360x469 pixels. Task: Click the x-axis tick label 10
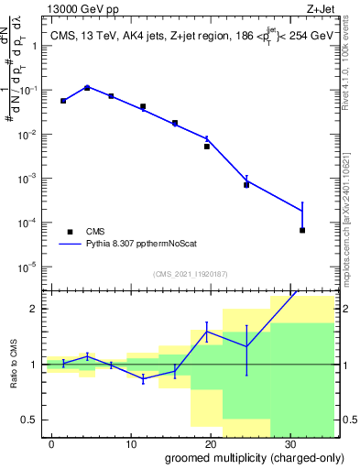pyautogui.click(x=132, y=442)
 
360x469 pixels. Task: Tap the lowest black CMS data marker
pyautogui.click(x=302, y=230)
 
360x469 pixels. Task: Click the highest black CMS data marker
pyautogui.click(x=87, y=88)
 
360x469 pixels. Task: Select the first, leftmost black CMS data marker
pyautogui.click(x=63, y=101)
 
